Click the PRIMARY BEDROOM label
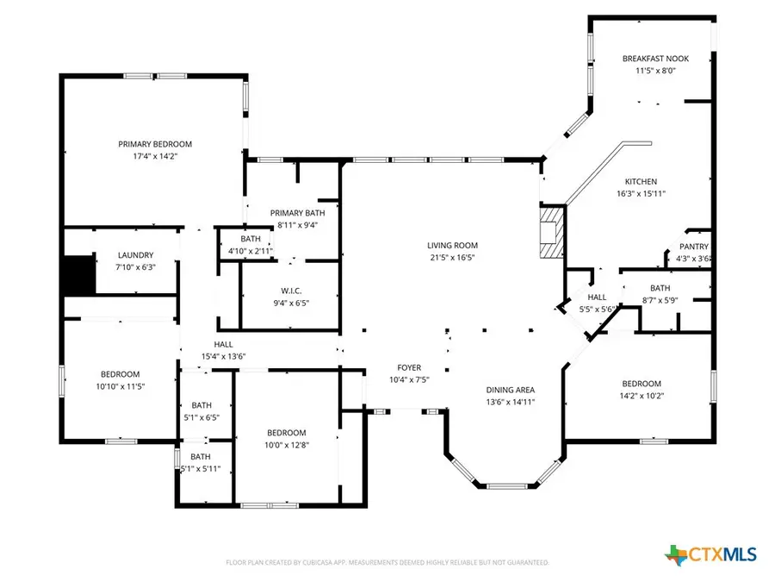tap(155, 144)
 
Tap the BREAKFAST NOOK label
tap(655, 59)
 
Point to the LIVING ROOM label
tap(453, 246)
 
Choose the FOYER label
tap(408, 367)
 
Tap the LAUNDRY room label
tap(135, 255)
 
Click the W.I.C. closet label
tap(290, 291)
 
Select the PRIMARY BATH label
tap(297, 213)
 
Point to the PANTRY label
tap(692, 247)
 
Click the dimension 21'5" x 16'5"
tap(453, 257)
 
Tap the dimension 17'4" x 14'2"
tap(155, 156)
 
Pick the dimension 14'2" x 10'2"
tap(642, 396)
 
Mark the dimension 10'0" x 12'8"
tap(285, 445)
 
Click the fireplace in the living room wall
tap(549, 231)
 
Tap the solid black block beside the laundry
tap(77, 275)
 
